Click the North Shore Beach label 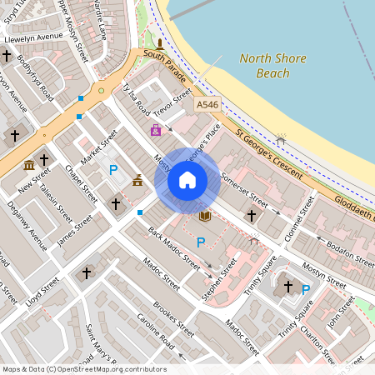pyautogui.click(x=272, y=66)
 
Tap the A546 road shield pyautogui.click(x=207, y=104)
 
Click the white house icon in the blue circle pyautogui.click(x=187, y=180)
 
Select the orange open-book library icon pyautogui.click(x=205, y=216)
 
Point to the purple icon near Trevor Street pyautogui.click(x=156, y=130)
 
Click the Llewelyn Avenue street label pyautogui.click(x=34, y=37)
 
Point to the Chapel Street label pyautogui.click(x=81, y=182)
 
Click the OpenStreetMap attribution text pyautogui.click(x=83, y=369)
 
